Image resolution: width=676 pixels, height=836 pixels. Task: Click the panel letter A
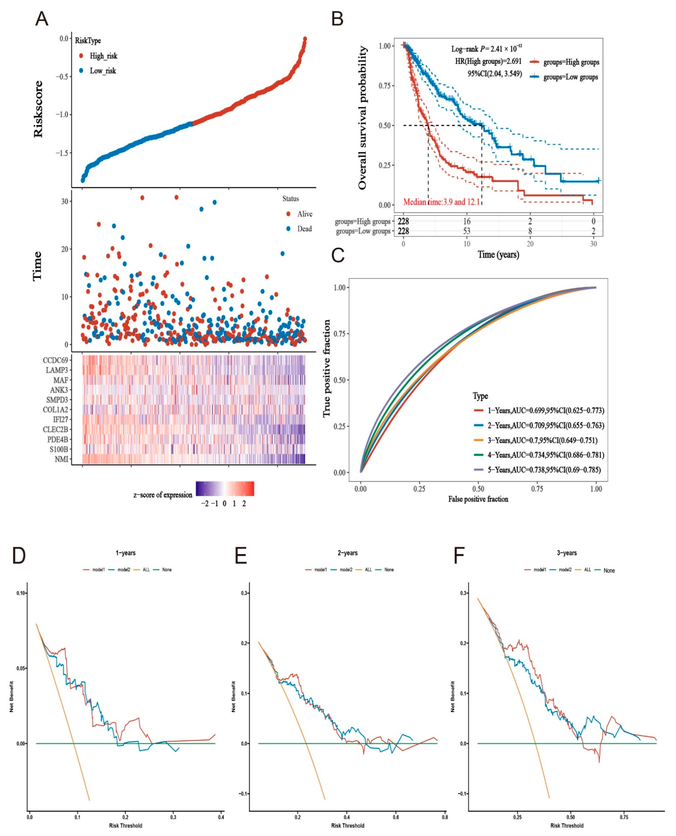42,19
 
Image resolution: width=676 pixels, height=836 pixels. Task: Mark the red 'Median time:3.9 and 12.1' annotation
441,202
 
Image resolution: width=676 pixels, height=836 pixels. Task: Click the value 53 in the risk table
467,231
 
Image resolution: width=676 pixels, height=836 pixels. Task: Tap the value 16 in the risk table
467,221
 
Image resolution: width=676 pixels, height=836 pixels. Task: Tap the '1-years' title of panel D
125,553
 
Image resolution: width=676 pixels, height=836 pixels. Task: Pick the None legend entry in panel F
609,571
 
